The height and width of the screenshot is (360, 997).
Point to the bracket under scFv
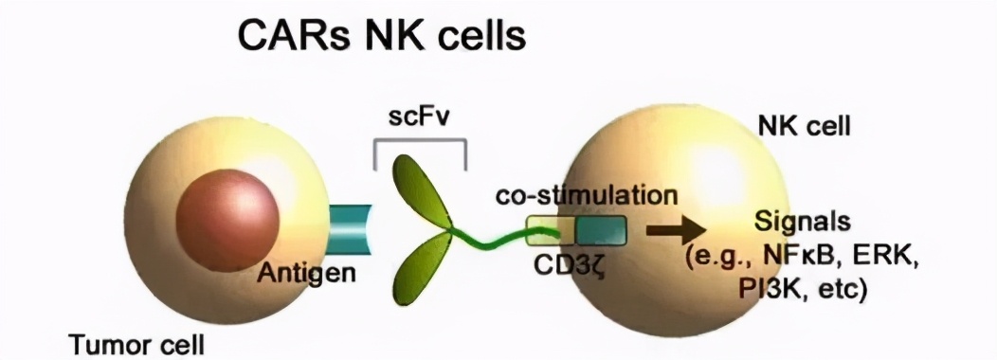click(419, 145)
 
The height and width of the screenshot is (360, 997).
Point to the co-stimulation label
click(587, 196)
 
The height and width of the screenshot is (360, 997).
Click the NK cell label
click(800, 125)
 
